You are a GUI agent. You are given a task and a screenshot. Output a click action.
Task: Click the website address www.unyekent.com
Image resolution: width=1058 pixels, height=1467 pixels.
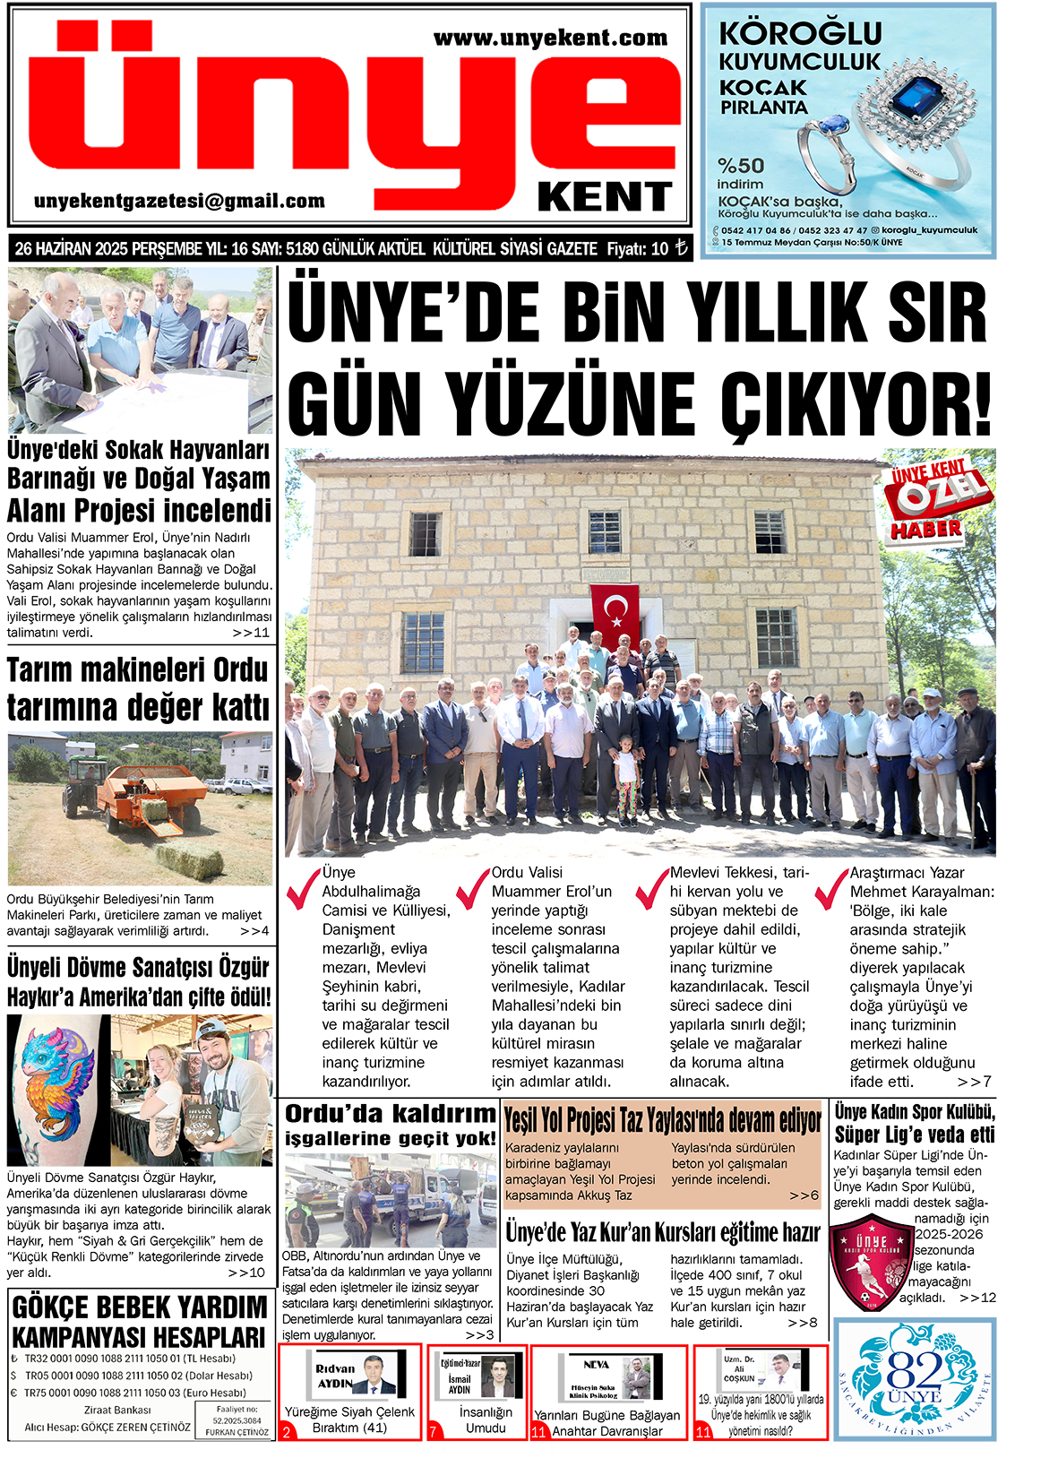[550, 38]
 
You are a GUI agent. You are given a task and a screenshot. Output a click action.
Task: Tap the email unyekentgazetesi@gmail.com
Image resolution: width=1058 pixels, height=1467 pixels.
[179, 201]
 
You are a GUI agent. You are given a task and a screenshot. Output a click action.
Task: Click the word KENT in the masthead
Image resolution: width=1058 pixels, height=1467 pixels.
[605, 197]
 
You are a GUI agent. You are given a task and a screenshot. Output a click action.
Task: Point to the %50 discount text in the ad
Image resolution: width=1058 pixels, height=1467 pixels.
[741, 166]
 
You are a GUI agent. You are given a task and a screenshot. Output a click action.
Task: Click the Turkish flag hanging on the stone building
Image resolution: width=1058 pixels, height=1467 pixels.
[615, 614]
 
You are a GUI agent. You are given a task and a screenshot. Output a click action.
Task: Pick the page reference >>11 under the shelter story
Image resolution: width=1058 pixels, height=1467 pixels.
[251, 633]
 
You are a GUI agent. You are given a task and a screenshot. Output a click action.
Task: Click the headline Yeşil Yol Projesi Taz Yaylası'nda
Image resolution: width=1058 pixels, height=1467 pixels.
[662, 1120]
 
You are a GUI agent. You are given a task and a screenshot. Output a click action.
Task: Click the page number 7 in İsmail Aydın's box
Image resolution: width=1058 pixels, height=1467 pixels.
[434, 1432]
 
